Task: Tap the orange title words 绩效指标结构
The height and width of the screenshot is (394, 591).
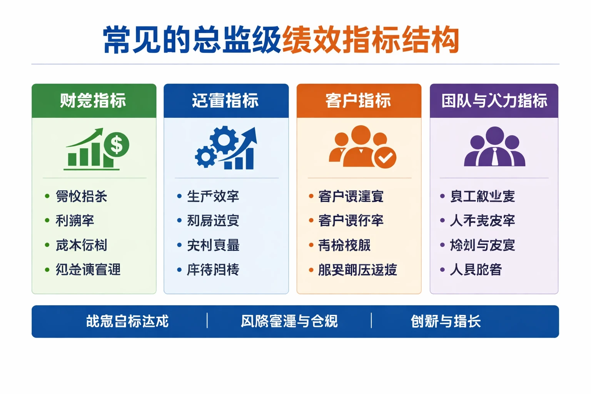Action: coord(370,40)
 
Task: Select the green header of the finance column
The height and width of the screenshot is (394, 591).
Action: coord(93,101)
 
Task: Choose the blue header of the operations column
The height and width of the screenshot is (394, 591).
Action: coord(226,101)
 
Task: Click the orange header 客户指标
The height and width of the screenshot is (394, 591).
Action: coord(359,101)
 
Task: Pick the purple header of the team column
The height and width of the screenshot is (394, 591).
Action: coord(494,101)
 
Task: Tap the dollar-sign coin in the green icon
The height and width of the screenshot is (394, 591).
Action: coord(116,145)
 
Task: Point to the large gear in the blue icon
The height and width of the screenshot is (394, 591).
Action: coord(224,140)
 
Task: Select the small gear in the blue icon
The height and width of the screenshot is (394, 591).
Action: coord(205,157)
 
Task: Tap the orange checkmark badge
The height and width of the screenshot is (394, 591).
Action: coord(385,157)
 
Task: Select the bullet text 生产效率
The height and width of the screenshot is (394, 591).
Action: coord(213,196)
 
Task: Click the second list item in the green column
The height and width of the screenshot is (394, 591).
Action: coord(75,220)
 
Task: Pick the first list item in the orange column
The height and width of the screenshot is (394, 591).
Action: coord(351,196)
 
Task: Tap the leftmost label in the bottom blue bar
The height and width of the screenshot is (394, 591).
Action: coord(127,321)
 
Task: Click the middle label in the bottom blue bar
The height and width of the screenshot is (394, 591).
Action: coord(289,321)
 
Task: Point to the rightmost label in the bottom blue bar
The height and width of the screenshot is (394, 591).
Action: coord(446,321)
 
